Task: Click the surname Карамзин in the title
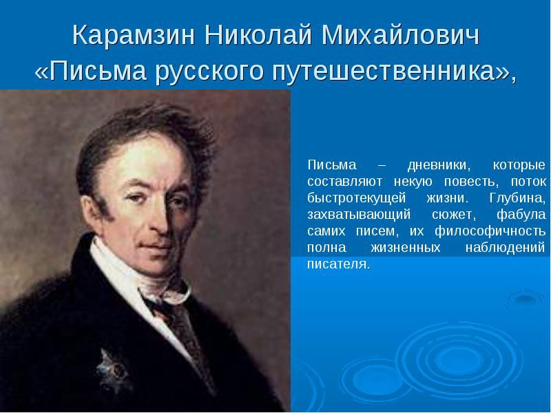[134, 35]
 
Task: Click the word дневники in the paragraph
[439, 165]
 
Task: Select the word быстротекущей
[356, 198]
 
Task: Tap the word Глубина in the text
[517, 198]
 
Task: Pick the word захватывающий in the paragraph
[359, 215]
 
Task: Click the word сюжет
[454, 215]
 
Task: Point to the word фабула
[521, 215]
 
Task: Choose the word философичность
[490, 231]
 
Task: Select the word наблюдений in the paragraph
[505, 248]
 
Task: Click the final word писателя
[338, 264]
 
